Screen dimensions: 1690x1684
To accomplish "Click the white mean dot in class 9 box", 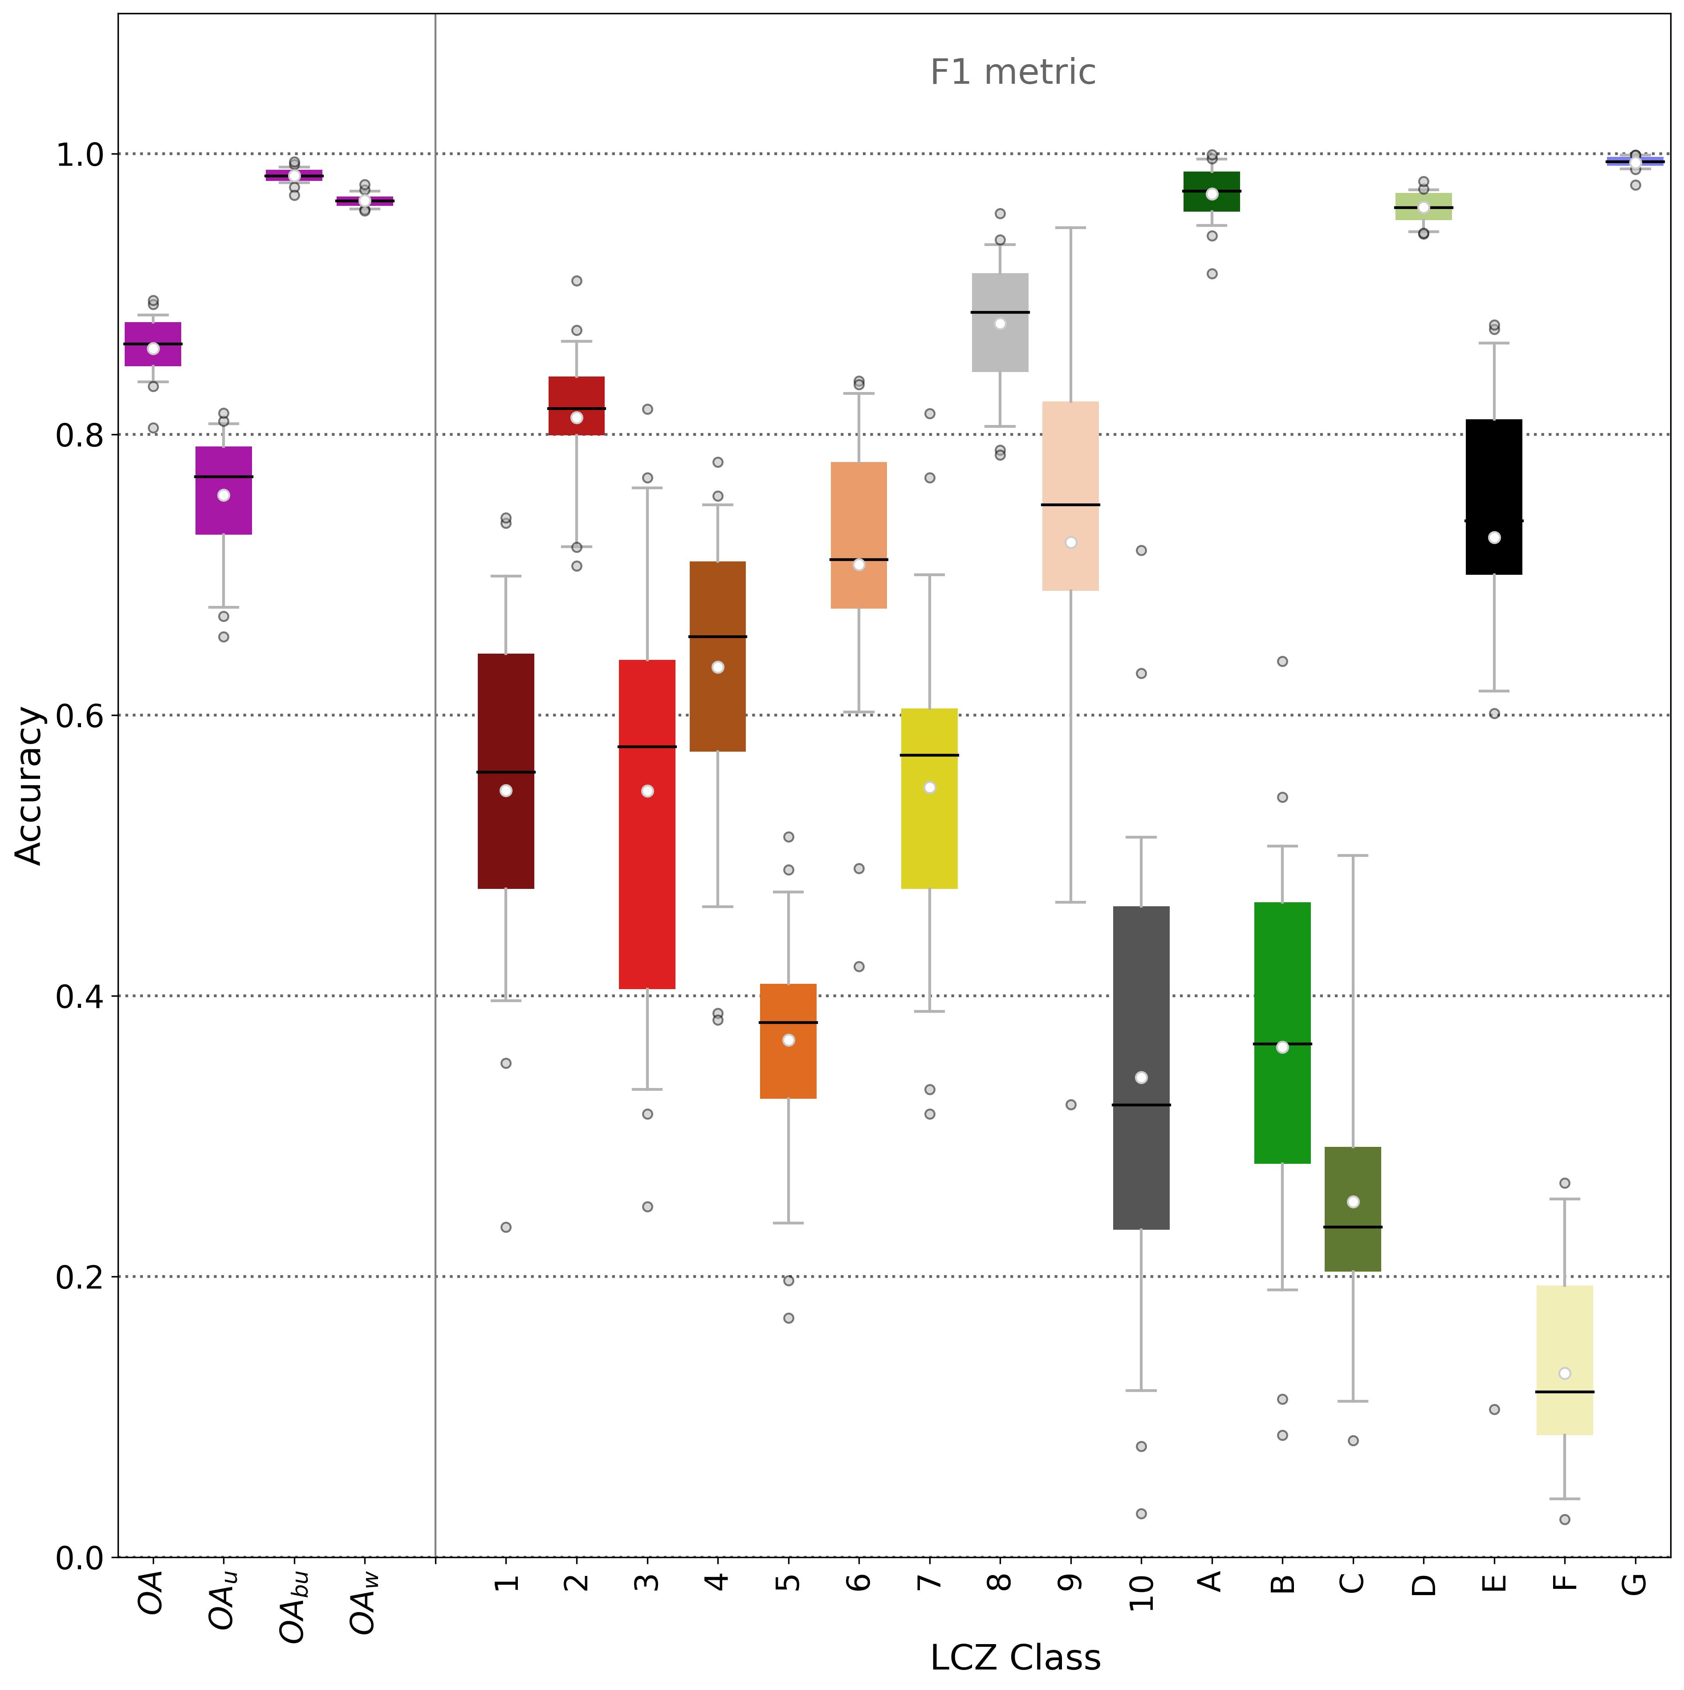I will [1070, 542].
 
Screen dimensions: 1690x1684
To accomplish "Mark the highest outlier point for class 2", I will [576, 281].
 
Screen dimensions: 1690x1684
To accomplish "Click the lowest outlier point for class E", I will [1494, 1409].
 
